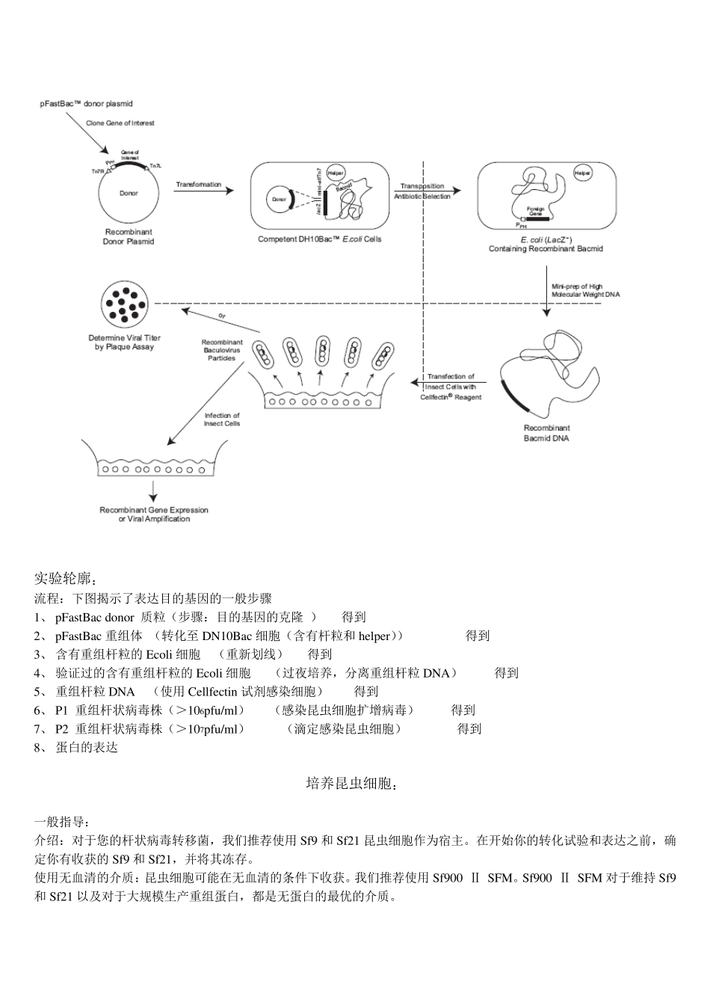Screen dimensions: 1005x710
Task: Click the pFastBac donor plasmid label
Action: tap(86, 104)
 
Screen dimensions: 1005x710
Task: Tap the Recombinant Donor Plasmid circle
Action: tap(129, 194)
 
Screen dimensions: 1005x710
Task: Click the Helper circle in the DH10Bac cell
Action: tap(336, 173)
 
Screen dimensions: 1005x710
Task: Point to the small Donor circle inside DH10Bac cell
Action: tap(280, 200)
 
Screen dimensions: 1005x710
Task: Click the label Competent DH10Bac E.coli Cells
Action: tap(319, 239)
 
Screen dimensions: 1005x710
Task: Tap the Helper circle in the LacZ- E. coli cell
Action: tap(582, 173)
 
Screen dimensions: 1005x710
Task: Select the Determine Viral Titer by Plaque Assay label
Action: tap(124, 342)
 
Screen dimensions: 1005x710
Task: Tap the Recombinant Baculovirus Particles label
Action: tap(222, 350)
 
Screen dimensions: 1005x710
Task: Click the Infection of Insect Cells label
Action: tap(222, 419)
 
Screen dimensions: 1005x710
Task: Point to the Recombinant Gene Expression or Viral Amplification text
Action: tap(154, 514)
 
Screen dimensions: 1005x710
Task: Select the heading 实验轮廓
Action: tap(66, 579)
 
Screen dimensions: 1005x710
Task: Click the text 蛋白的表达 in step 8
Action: tap(87, 747)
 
